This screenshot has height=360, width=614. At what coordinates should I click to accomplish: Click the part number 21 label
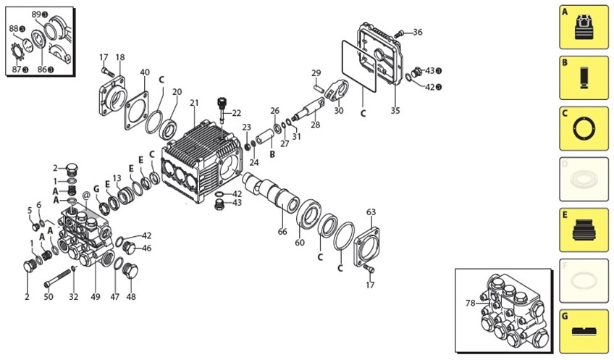pyautogui.click(x=194, y=104)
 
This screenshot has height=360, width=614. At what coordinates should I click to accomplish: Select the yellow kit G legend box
pyautogui.click(x=584, y=331)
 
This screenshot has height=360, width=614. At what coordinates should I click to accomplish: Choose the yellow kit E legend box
pyautogui.click(x=584, y=230)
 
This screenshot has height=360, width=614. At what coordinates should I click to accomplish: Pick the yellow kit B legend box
pyautogui.click(x=584, y=78)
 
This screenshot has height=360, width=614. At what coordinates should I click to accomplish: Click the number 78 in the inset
pyautogui.click(x=471, y=303)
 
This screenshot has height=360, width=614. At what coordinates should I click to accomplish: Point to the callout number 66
pyautogui.click(x=282, y=232)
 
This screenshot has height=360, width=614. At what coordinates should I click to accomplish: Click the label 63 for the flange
pyautogui.click(x=371, y=212)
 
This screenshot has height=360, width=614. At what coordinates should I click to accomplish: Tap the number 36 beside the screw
pyautogui.click(x=417, y=32)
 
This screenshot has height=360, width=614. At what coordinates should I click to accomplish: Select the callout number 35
pyautogui.click(x=395, y=111)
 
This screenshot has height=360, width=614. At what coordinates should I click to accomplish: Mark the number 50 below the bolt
pyautogui.click(x=49, y=296)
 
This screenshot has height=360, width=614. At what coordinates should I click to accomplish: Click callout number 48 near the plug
pyautogui.click(x=131, y=296)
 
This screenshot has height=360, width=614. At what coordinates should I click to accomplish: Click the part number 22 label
pyautogui.click(x=236, y=113)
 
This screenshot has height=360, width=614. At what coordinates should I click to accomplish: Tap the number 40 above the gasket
pyautogui.click(x=145, y=72)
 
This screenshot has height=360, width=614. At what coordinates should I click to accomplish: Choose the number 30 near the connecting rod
pyautogui.click(x=339, y=111)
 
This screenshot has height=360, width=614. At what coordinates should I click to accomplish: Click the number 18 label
pyautogui.click(x=120, y=57)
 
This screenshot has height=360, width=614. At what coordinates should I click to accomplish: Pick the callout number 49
pyautogui.click(x=94, y=296)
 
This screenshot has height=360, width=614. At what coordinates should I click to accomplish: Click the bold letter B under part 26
pyautogui.click(x=272, y=154)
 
